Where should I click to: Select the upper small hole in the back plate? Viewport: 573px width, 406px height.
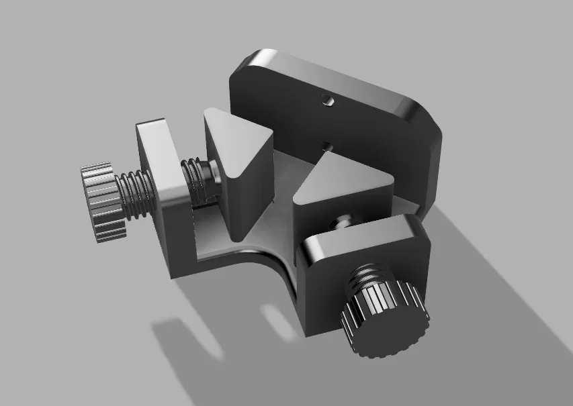(327, 101)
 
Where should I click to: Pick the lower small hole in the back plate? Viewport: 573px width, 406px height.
(327, 144)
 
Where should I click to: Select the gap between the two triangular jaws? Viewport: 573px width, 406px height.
(285, 181)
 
